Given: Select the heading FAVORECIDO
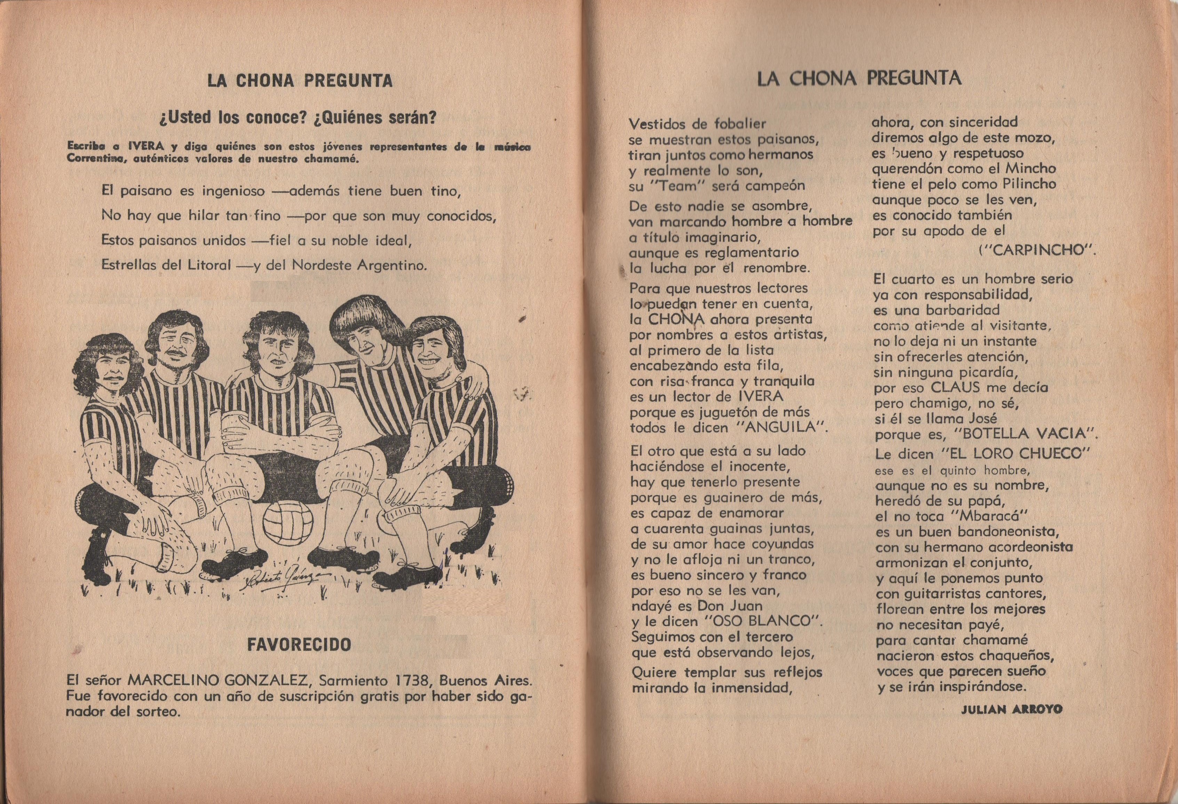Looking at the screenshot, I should point(299,645).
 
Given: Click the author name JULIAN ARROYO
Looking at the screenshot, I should point(1011,710).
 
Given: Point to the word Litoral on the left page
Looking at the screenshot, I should point(209,265).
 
